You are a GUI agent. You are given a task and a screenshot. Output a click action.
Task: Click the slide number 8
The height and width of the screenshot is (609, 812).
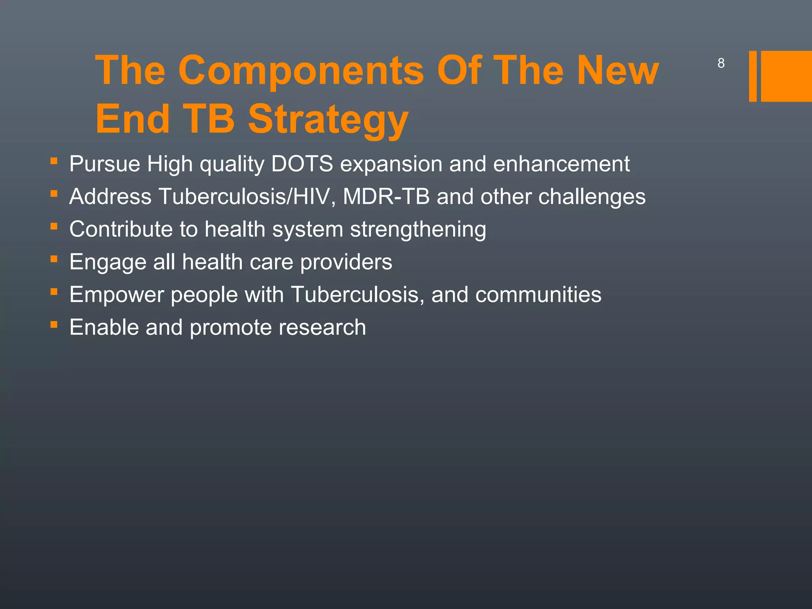721,63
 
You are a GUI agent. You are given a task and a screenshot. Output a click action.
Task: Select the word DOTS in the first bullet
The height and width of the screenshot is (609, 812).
302,164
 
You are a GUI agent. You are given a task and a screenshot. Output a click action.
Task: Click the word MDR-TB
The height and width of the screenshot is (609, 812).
386,197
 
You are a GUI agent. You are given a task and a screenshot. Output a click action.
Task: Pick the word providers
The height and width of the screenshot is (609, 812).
346,262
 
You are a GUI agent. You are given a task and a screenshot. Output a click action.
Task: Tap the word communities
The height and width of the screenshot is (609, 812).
538,295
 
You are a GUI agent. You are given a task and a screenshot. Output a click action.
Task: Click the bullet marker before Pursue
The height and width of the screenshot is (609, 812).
54,161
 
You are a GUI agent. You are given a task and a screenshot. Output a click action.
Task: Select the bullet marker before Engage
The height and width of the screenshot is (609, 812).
54,260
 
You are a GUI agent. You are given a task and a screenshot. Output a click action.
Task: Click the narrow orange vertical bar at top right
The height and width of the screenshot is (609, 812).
753,76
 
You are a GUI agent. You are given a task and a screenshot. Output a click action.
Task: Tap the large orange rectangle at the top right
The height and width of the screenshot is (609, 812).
786,76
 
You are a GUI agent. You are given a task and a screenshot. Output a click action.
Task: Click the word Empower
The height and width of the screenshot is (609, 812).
117,295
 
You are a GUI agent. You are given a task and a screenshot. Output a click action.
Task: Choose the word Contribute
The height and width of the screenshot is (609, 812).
121,230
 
